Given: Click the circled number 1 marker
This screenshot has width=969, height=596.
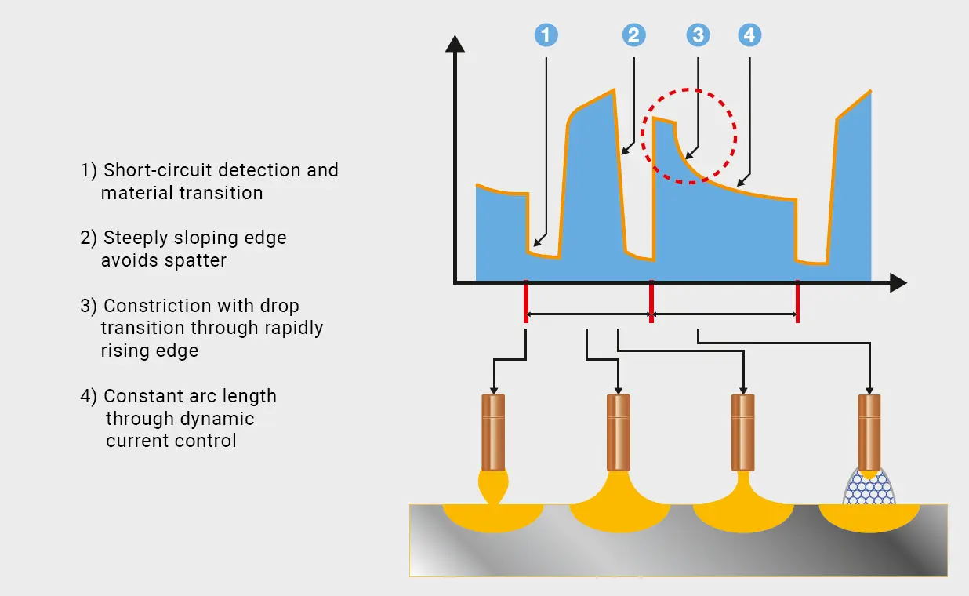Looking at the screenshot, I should coord(546,35).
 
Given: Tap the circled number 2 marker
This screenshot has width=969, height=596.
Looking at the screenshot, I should coord(633,35).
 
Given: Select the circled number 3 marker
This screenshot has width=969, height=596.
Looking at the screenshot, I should coord(697,35).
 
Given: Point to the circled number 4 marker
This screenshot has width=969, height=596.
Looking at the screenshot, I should coord(749,35).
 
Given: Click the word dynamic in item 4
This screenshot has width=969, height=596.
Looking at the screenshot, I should coord(220,419).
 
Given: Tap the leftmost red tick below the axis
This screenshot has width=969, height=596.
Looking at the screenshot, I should coord(525,302).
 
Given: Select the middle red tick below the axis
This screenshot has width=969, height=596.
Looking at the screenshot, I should coord(651,302).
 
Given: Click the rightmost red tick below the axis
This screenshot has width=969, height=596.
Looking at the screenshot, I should coord(797,302).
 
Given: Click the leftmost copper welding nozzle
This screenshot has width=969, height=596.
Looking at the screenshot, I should coord(492,432).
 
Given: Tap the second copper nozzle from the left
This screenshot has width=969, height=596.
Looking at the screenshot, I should coord(619,432).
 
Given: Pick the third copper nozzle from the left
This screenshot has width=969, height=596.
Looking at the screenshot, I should coord(742,432).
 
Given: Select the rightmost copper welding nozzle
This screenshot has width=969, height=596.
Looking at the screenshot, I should coord(869,432).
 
